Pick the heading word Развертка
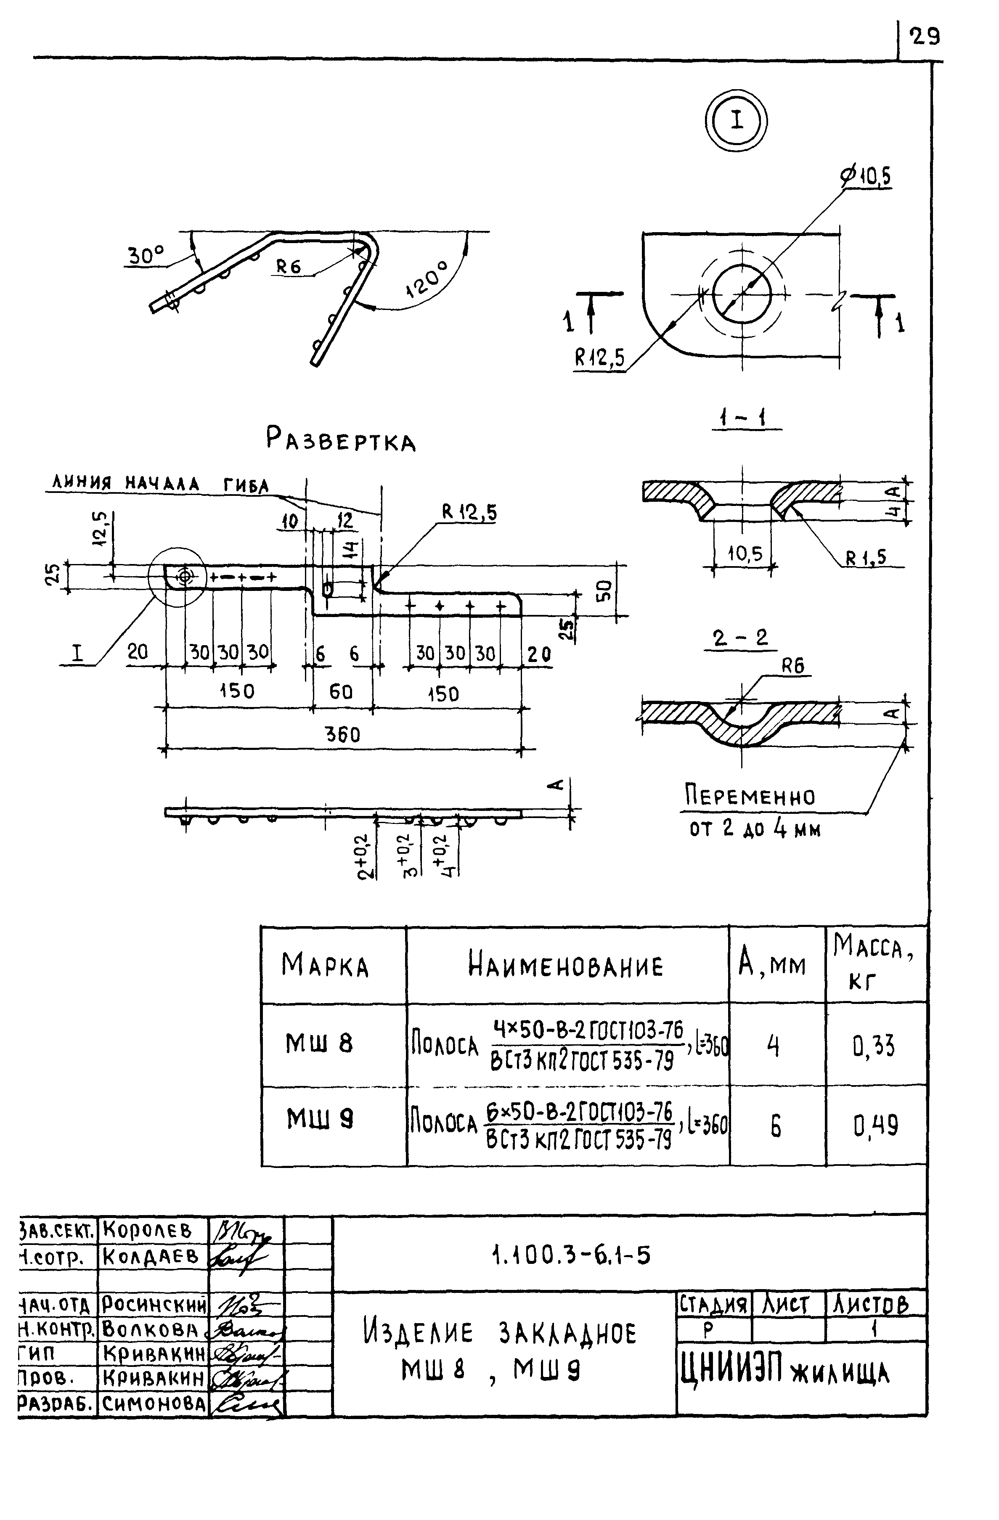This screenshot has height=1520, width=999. (340, 440)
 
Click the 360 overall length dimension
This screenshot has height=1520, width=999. (343, 734)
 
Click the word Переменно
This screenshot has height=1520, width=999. (750, 797)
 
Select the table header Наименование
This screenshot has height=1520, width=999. (566, 964)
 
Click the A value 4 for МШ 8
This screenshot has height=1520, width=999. (774, 1046)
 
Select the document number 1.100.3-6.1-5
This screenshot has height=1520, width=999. (570, 1255)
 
